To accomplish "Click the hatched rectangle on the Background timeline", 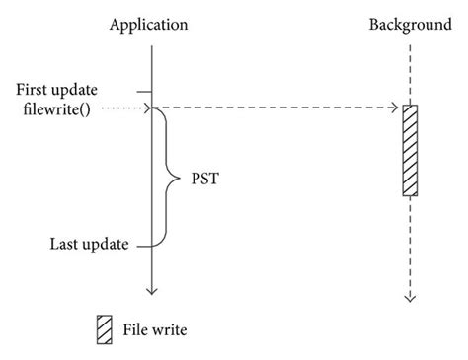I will pyautogui.click(x=409, y=149).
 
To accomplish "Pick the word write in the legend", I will pyautogui.click(x=168, y=329).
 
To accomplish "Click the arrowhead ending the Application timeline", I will pyautogui.click(x=151, y=290).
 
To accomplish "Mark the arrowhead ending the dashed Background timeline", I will pyautogui.click(x=409, y=297).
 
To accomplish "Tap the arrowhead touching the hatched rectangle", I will pyautogui.click(x=395, y=108).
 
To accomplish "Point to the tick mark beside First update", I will pyautogui.click(x=144, y=91).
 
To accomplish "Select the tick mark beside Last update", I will pyautogui.click(x=144, y=246).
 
